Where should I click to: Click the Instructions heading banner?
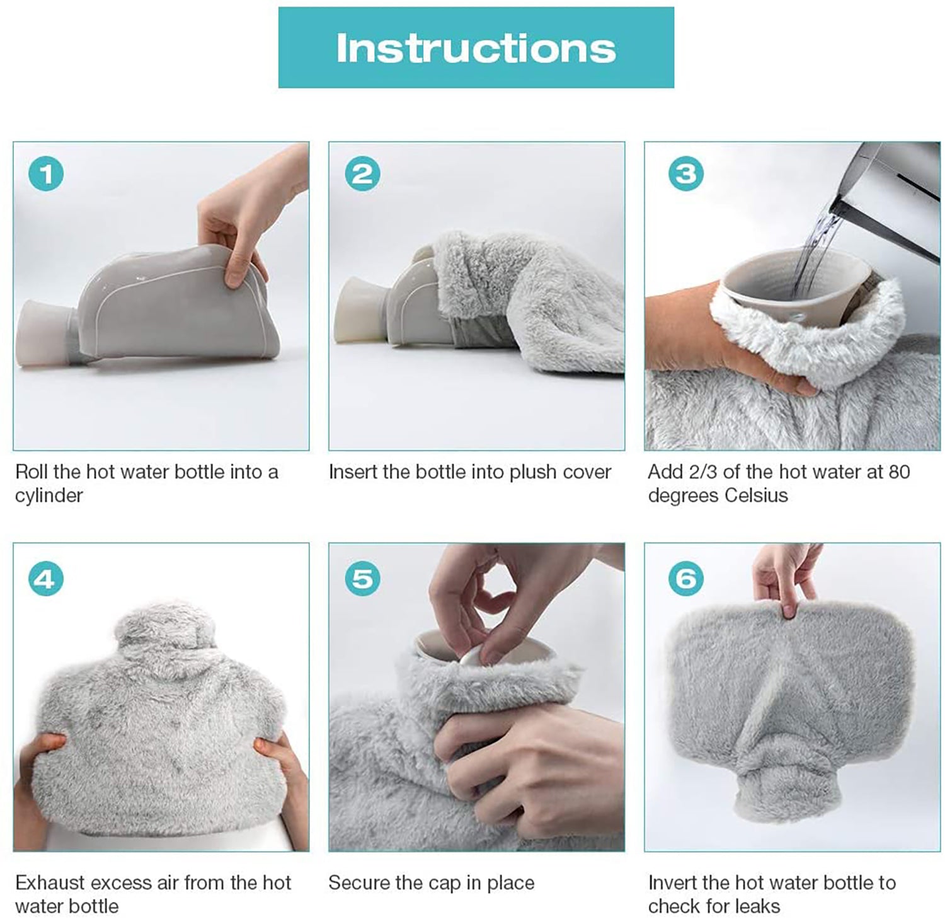tap(476, 47)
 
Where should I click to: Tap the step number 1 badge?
tap(46, 173)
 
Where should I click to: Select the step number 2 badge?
tap(362, 173)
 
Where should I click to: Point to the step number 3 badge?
tap(685, 173)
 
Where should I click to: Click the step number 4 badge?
tap(46, 578)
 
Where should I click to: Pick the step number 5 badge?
tap(362, 578)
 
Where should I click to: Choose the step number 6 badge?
tap(685, 578)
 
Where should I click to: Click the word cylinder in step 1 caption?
tap(49, 495)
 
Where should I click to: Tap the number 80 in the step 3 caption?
tap(898, 471)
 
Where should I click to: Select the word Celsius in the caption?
tap(756, 495)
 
